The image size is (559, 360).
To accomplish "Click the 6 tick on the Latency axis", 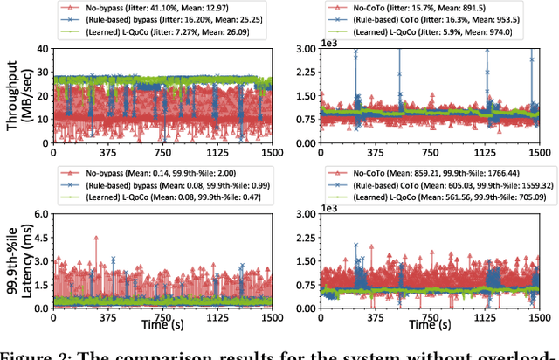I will click(44, 216).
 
